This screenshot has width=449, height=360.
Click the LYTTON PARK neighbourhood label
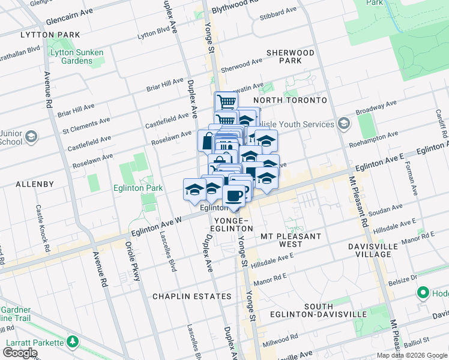[41, 35]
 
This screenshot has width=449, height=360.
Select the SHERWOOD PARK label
[291, 57]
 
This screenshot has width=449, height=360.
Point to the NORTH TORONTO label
[290, 100]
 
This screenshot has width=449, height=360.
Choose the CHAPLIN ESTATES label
[191, 296]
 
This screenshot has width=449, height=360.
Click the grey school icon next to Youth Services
[344, 124]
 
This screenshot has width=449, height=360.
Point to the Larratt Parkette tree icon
[73, 342]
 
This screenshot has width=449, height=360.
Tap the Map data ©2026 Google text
[412, 355]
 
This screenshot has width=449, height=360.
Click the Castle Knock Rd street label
[41, 227]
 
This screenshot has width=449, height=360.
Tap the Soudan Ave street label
[385, 214]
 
